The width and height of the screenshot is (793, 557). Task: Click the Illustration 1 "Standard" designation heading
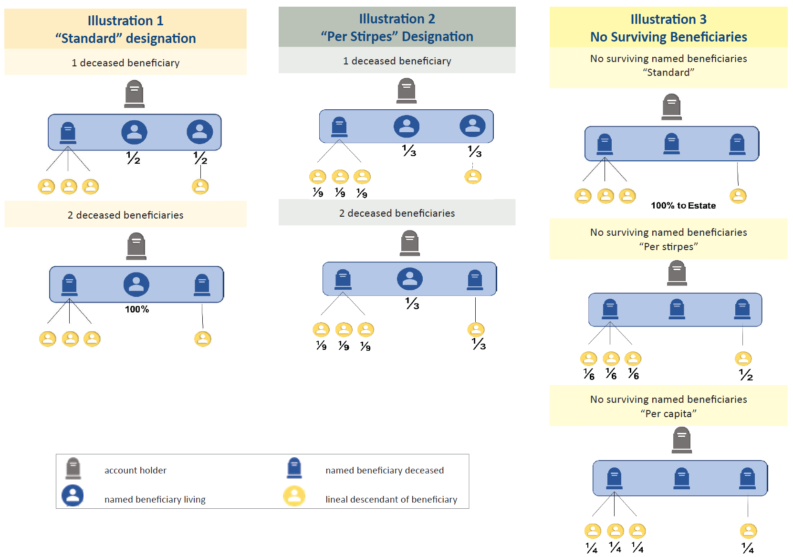coord(125,29)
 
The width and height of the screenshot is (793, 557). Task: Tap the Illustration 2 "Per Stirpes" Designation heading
coord(397,27)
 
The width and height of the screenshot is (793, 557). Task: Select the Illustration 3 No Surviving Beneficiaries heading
coord(668,28)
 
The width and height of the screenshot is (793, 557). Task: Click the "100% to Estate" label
coord(683,206)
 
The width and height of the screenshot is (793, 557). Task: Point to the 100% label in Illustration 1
coord(137,309)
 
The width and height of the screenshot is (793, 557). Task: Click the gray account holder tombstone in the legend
coord(73,468)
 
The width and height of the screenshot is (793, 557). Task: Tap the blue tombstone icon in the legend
coord(294,468)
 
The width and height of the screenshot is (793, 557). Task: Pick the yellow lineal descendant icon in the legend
coord(294,496)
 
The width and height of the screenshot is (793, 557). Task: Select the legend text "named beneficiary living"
coord(155,499)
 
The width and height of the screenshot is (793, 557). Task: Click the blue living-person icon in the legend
coord(73,496)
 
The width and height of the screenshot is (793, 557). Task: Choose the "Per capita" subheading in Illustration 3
coord(668,413)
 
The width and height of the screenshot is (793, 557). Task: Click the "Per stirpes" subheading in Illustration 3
coord(668,246)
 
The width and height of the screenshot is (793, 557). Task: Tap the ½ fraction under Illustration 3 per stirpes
coord(746,375)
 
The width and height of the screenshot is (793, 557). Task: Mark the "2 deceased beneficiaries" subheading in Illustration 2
coord(397,213)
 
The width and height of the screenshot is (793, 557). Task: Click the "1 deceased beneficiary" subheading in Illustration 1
coord(125,63)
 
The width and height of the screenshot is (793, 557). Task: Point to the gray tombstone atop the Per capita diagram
coord(682,440)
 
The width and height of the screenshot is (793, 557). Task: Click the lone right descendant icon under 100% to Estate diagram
coord(738,196)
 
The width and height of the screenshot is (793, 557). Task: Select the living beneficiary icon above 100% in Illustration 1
coord(136,284)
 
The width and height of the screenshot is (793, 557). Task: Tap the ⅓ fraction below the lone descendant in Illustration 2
coord(479,344)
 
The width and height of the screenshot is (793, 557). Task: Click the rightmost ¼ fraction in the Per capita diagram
coord(748,547)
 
